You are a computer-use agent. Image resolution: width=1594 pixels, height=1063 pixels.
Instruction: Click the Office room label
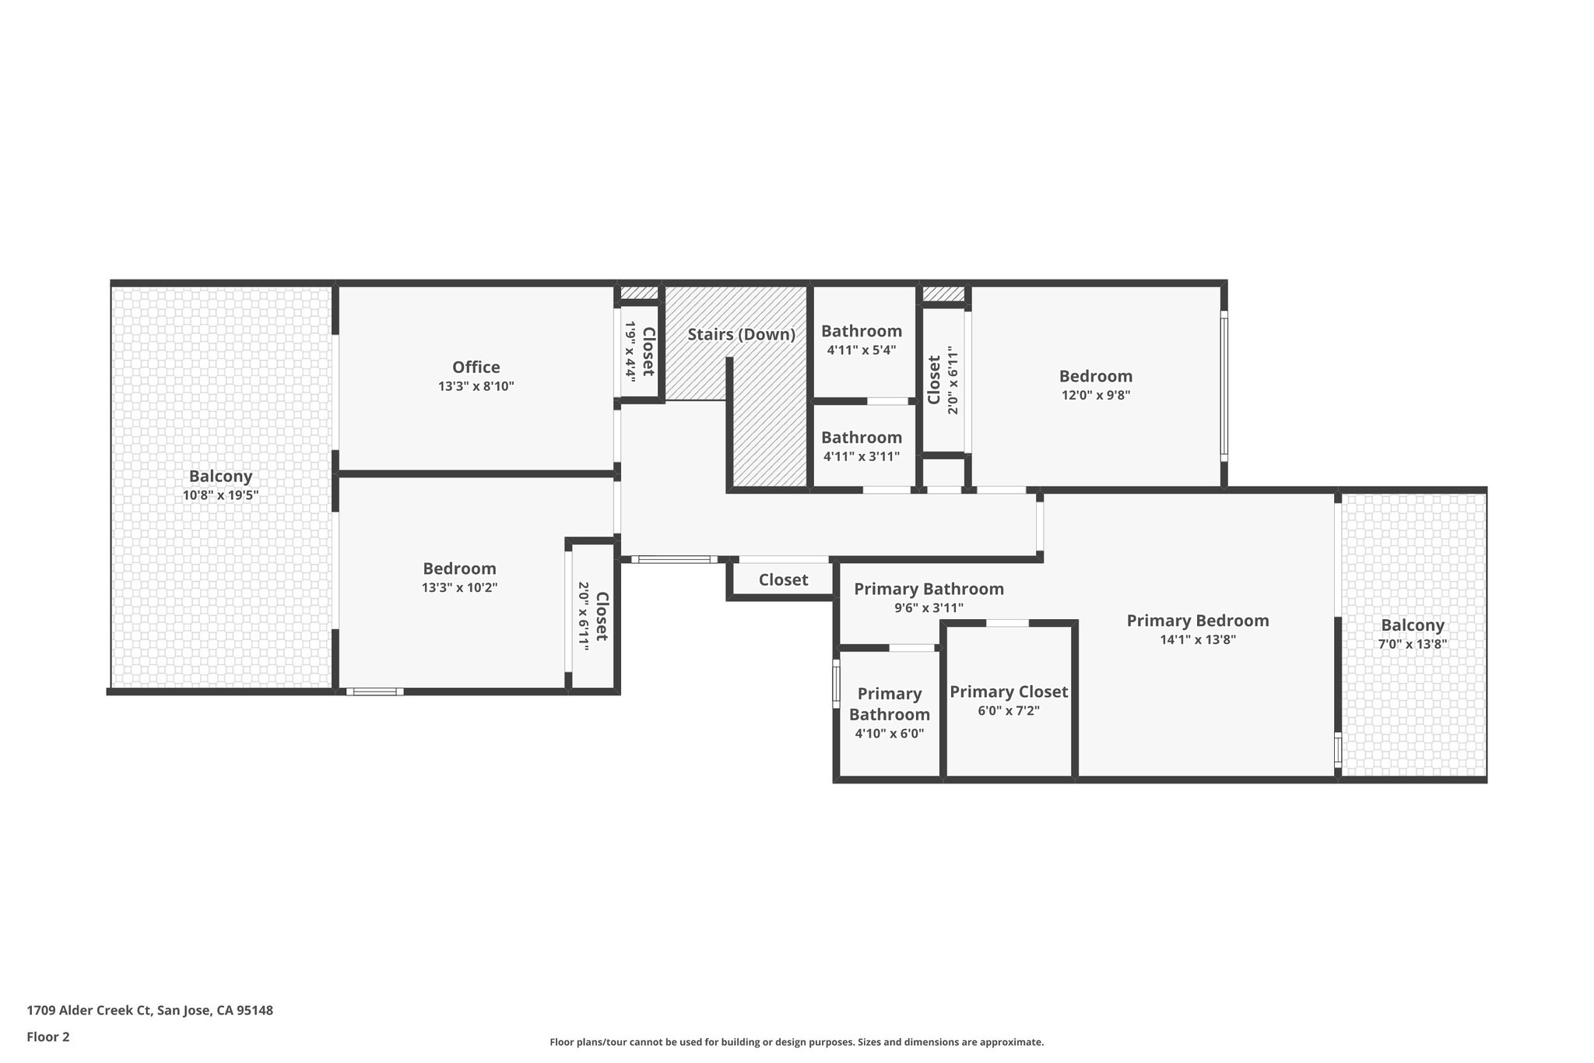(x=476, y=367)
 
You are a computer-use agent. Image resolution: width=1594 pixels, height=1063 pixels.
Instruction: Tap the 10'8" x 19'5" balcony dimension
(x=220, y=495)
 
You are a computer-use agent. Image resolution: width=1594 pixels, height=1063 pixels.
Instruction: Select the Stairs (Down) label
(x=741, y=335)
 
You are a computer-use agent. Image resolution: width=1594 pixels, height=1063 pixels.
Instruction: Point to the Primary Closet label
(x=1009, y=692)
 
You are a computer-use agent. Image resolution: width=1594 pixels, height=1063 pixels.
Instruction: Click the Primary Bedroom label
(x=1198, y=621)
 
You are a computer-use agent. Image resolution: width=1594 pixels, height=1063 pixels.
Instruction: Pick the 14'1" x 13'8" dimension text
(x=1198, y=640)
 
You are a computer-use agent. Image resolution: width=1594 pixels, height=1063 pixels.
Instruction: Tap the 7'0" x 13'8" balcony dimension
(x=1413, y=644)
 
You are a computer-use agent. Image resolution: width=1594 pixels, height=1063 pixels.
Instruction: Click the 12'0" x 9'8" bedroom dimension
(x=1096, y=395)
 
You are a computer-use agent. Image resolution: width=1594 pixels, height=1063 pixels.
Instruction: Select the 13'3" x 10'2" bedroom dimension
(x=459, y=588)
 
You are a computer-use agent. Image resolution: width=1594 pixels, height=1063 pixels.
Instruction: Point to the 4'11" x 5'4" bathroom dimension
(x=862, y=350)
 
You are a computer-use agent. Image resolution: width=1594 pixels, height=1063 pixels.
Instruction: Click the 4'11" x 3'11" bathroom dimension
(x=862, y=456)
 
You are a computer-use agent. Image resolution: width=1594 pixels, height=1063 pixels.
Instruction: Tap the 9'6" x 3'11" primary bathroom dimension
(x=929, y=608)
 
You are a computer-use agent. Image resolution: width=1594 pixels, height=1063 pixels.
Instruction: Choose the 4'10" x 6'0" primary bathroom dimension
(x=890, y=733)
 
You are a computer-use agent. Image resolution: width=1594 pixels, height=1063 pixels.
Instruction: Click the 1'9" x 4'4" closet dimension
(x=630, y=350)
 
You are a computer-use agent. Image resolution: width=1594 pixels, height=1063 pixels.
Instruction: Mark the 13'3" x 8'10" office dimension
(x=476, y=386)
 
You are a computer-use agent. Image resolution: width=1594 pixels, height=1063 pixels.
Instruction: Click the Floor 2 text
(x=48, y=1037)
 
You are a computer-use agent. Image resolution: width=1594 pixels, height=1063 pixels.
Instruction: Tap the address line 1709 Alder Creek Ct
(x=150, y=1011)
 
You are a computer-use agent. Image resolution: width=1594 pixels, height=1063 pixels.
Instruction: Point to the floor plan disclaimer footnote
(x=797, y=1042)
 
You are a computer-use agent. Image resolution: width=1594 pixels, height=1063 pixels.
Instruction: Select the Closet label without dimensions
(x=783, y=580)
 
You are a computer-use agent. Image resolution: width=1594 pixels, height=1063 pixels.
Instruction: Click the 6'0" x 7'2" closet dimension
(x=1009, y=711)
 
